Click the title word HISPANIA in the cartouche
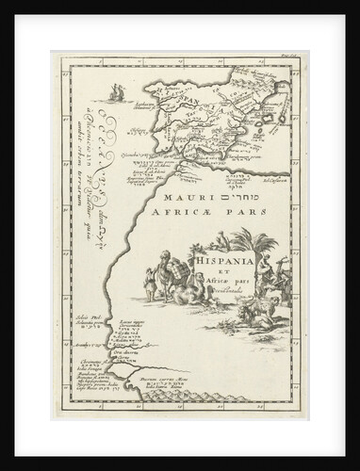coord(218,252)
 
